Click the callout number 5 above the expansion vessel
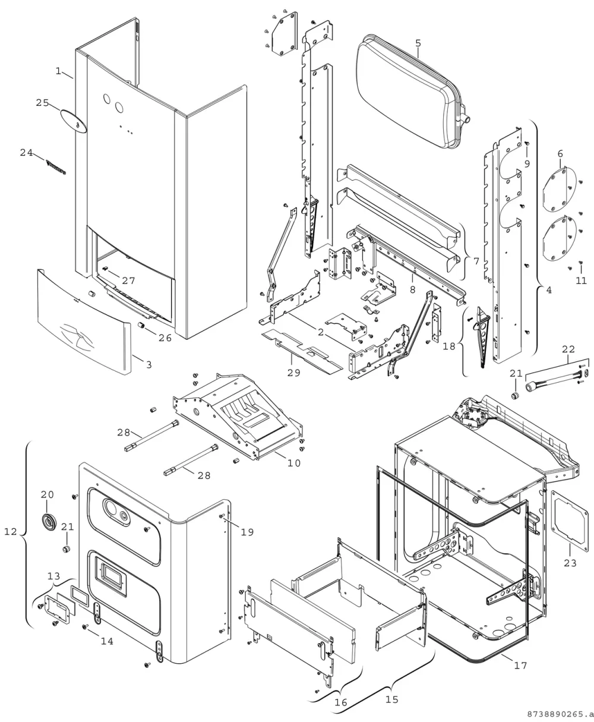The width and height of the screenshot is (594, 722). tap(418, 43)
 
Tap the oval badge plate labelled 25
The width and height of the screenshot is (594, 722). tap(74, 121)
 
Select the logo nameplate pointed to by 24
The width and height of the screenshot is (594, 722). tap(55, 168)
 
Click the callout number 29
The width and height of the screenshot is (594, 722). tap(293, 373)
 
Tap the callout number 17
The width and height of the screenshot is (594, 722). tap(520, 665)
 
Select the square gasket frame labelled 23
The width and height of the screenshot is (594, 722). tap(570, 521)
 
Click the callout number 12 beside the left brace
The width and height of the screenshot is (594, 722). tap(10, 532)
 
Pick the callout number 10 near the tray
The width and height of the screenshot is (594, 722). tap(293, 463)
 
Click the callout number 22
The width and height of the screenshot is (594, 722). tap(568, 349)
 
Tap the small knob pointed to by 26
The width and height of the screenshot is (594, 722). tap(141, 325)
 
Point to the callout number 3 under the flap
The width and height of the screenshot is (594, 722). tap(149, 365)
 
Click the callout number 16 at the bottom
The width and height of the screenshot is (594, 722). tap(340, 702)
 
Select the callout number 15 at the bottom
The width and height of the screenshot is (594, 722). tap(392, 699)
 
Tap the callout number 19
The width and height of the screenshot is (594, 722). tap(247, 532)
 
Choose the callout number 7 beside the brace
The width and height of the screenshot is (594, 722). tap(476, 261)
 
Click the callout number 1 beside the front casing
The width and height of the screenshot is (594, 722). tap(58, 71)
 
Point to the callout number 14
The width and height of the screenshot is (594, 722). tap(107, 641)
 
